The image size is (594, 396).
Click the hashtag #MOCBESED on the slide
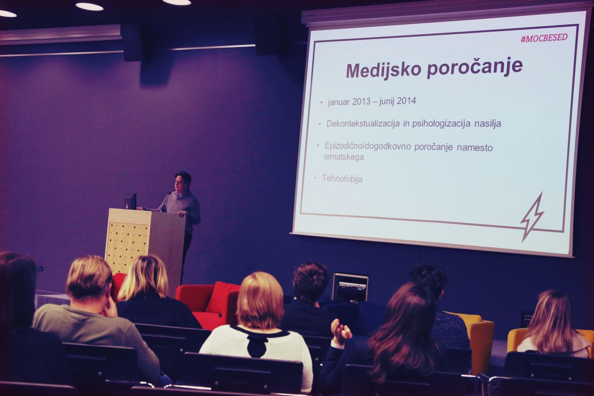click(544, 38)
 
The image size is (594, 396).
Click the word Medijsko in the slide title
click(384, 70)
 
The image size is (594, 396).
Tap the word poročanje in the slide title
click(475, 67)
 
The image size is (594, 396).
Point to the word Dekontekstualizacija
click(363, 124)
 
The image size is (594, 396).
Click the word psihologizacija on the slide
click(441, 124)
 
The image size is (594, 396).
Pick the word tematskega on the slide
click(344, 157)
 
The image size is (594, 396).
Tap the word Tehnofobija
click(342, 179)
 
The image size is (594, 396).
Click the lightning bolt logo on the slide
click(532, 217)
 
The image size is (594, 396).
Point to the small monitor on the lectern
click(130, 201)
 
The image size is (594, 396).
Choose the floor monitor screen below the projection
click(350, 288)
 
